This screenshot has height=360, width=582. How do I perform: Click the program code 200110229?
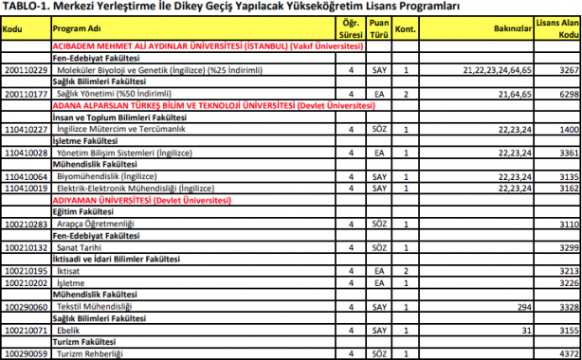(25, 70)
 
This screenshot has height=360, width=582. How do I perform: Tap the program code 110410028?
(25, 153)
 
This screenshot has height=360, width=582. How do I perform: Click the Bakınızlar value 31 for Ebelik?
(523, 330)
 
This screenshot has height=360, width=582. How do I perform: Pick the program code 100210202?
(25, 282)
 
